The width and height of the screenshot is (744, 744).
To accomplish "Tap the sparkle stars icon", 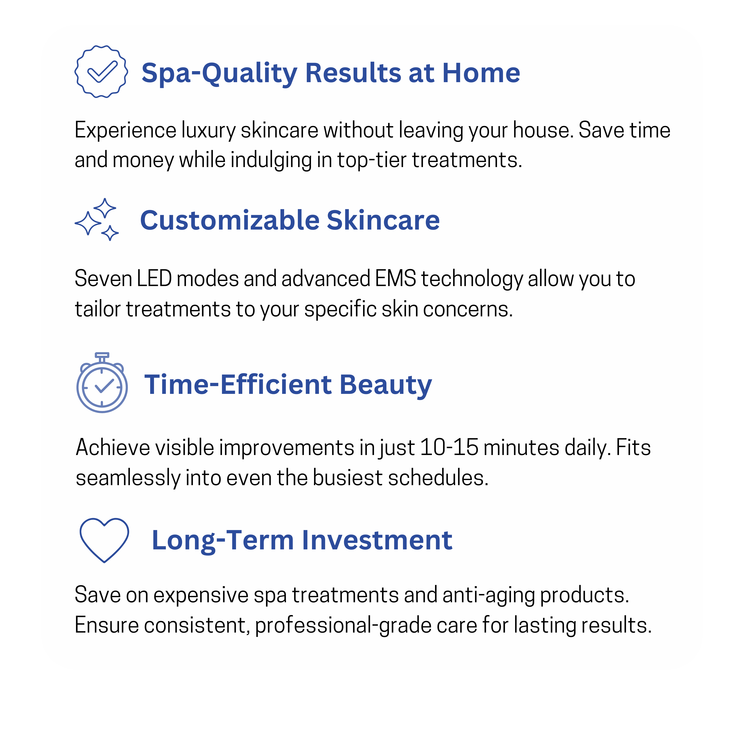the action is pyautogui.click(x=97, y=220).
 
